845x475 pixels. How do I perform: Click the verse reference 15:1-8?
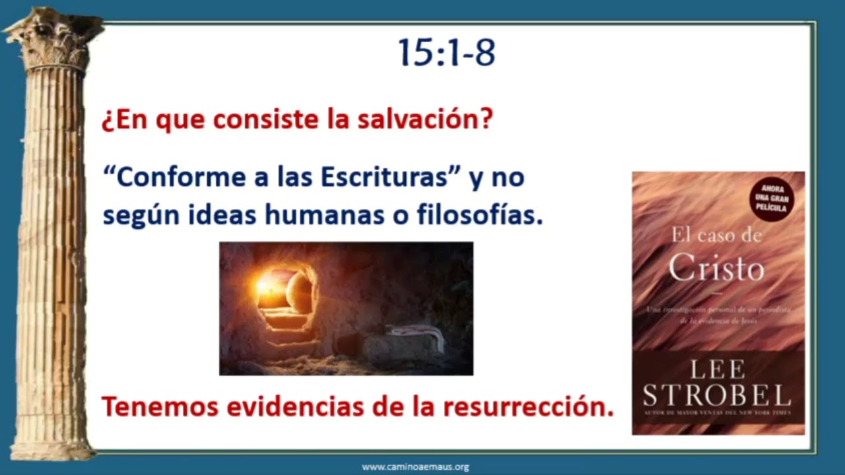click(x=446, y=53)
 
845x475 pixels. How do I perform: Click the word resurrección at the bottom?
click(x=528, y=407)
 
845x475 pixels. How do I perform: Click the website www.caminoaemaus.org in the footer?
click(x=415, y=467)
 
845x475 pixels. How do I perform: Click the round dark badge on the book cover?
click(x=772, y=199)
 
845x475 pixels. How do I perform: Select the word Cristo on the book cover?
click(x=716, y=268)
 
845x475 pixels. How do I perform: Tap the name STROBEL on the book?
click(x=718, y=395)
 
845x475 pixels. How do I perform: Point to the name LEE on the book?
click(x=718, y=369)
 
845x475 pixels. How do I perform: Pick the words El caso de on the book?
click(x=716, y=236)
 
